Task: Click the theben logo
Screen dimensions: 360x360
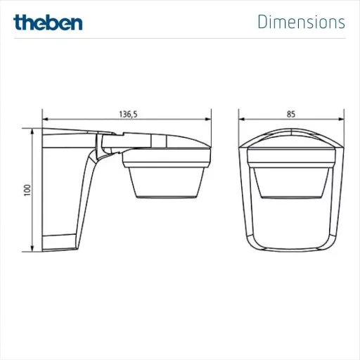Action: tap(48, 22)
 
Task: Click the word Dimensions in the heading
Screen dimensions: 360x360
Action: tap(302, 22)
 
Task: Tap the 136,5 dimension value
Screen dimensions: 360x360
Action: tap(128, 115)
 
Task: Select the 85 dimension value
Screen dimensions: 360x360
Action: tap(291, 114)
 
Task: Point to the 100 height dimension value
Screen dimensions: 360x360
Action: tap(27, 190)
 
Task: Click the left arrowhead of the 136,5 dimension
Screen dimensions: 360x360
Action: tap(45, 119)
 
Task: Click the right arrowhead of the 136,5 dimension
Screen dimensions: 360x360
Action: tap(208, 119)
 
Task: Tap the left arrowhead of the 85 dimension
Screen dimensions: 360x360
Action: tap(242, 119)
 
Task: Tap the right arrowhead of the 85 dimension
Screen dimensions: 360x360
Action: tap(341, 119)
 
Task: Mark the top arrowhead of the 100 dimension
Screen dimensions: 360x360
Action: tap(32, 131)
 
